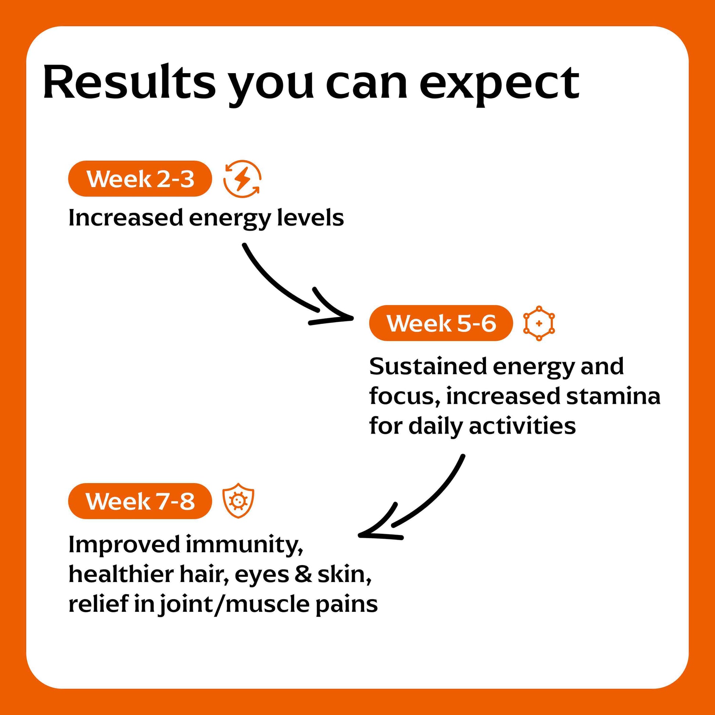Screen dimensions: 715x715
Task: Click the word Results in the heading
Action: [129, 82]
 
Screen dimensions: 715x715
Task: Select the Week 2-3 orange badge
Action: [140, 179]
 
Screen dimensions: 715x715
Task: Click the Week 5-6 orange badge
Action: [441, 323]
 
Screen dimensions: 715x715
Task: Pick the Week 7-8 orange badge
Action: [140, 501]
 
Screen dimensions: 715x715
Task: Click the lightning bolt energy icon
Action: [242, 179]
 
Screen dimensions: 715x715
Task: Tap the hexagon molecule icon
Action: [539, 323]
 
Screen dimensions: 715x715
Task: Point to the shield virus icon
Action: [238, 501]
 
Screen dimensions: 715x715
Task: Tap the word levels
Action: [310, 218]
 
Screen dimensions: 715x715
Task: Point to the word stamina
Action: [613, 396]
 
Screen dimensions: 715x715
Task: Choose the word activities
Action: [522, 426]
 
